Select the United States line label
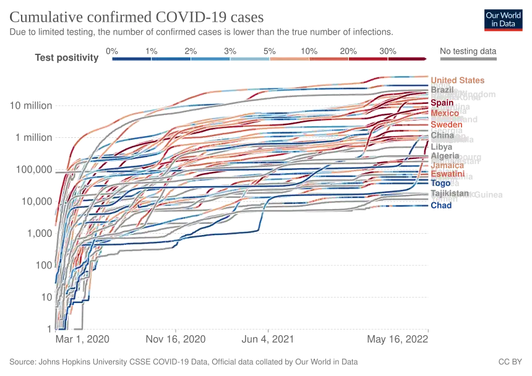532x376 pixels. tap(457, 80)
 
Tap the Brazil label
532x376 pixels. tap(443, 90)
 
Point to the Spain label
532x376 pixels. tap(442, 103)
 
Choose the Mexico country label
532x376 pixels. tap(445, 114)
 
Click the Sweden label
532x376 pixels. tap(447, 124)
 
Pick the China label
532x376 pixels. tap(442, 135)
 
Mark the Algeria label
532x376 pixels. tap(445, 155)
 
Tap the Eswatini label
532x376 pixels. tap(447, 174)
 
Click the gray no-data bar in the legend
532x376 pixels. tap(468, 59)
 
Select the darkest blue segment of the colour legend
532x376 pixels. tap(131, 59)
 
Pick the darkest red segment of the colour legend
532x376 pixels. tap(407, 59)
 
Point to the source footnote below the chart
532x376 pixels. tap(186, 360)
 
